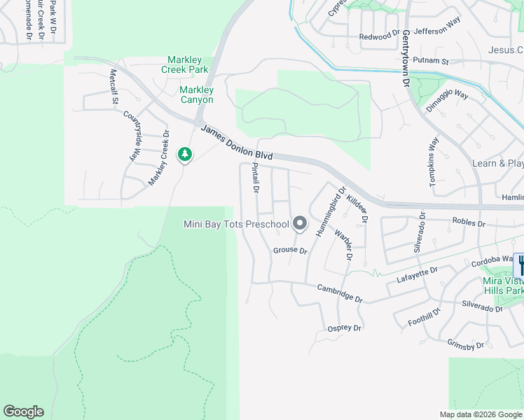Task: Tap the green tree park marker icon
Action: pyautogui.click(x=185, y=154)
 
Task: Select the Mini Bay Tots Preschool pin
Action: pyautogui.click(x=300, y=224)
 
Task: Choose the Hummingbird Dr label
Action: pyautogui.click(x=331, y=211)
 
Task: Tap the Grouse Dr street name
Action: pyautogui.click(x=290, y=250)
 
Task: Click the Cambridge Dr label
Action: pyautogui.click(x=340, y=293)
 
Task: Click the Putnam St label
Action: pyautogui.click(x=430, y=61)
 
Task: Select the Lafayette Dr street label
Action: pyautogui.click(x=417, y=274)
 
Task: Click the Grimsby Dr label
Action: pyautogui.click(x=465, y=344)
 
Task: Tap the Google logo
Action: pyautogui.click(x=23, y=412)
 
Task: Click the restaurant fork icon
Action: pyautogui.click(x=520, y=265)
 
